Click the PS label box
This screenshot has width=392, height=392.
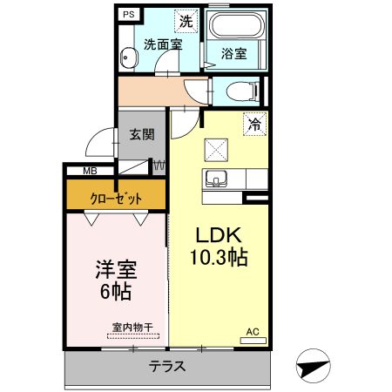[128, 15]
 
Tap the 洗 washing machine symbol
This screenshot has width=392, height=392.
[186, 20]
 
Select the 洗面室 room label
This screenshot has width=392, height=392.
[163, 44]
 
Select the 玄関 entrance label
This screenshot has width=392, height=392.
[142, 135]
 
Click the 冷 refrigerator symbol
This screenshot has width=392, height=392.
[253, 124]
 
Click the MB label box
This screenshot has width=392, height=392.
[90, 172]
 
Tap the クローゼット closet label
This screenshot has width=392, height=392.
[115, 198]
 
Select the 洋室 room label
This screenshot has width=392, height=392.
[113, 269]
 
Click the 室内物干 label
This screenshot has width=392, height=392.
[132, 328]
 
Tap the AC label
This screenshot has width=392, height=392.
[253, 332]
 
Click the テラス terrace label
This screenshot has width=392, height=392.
[166, 367]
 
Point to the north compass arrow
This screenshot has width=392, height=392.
[314, 365]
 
